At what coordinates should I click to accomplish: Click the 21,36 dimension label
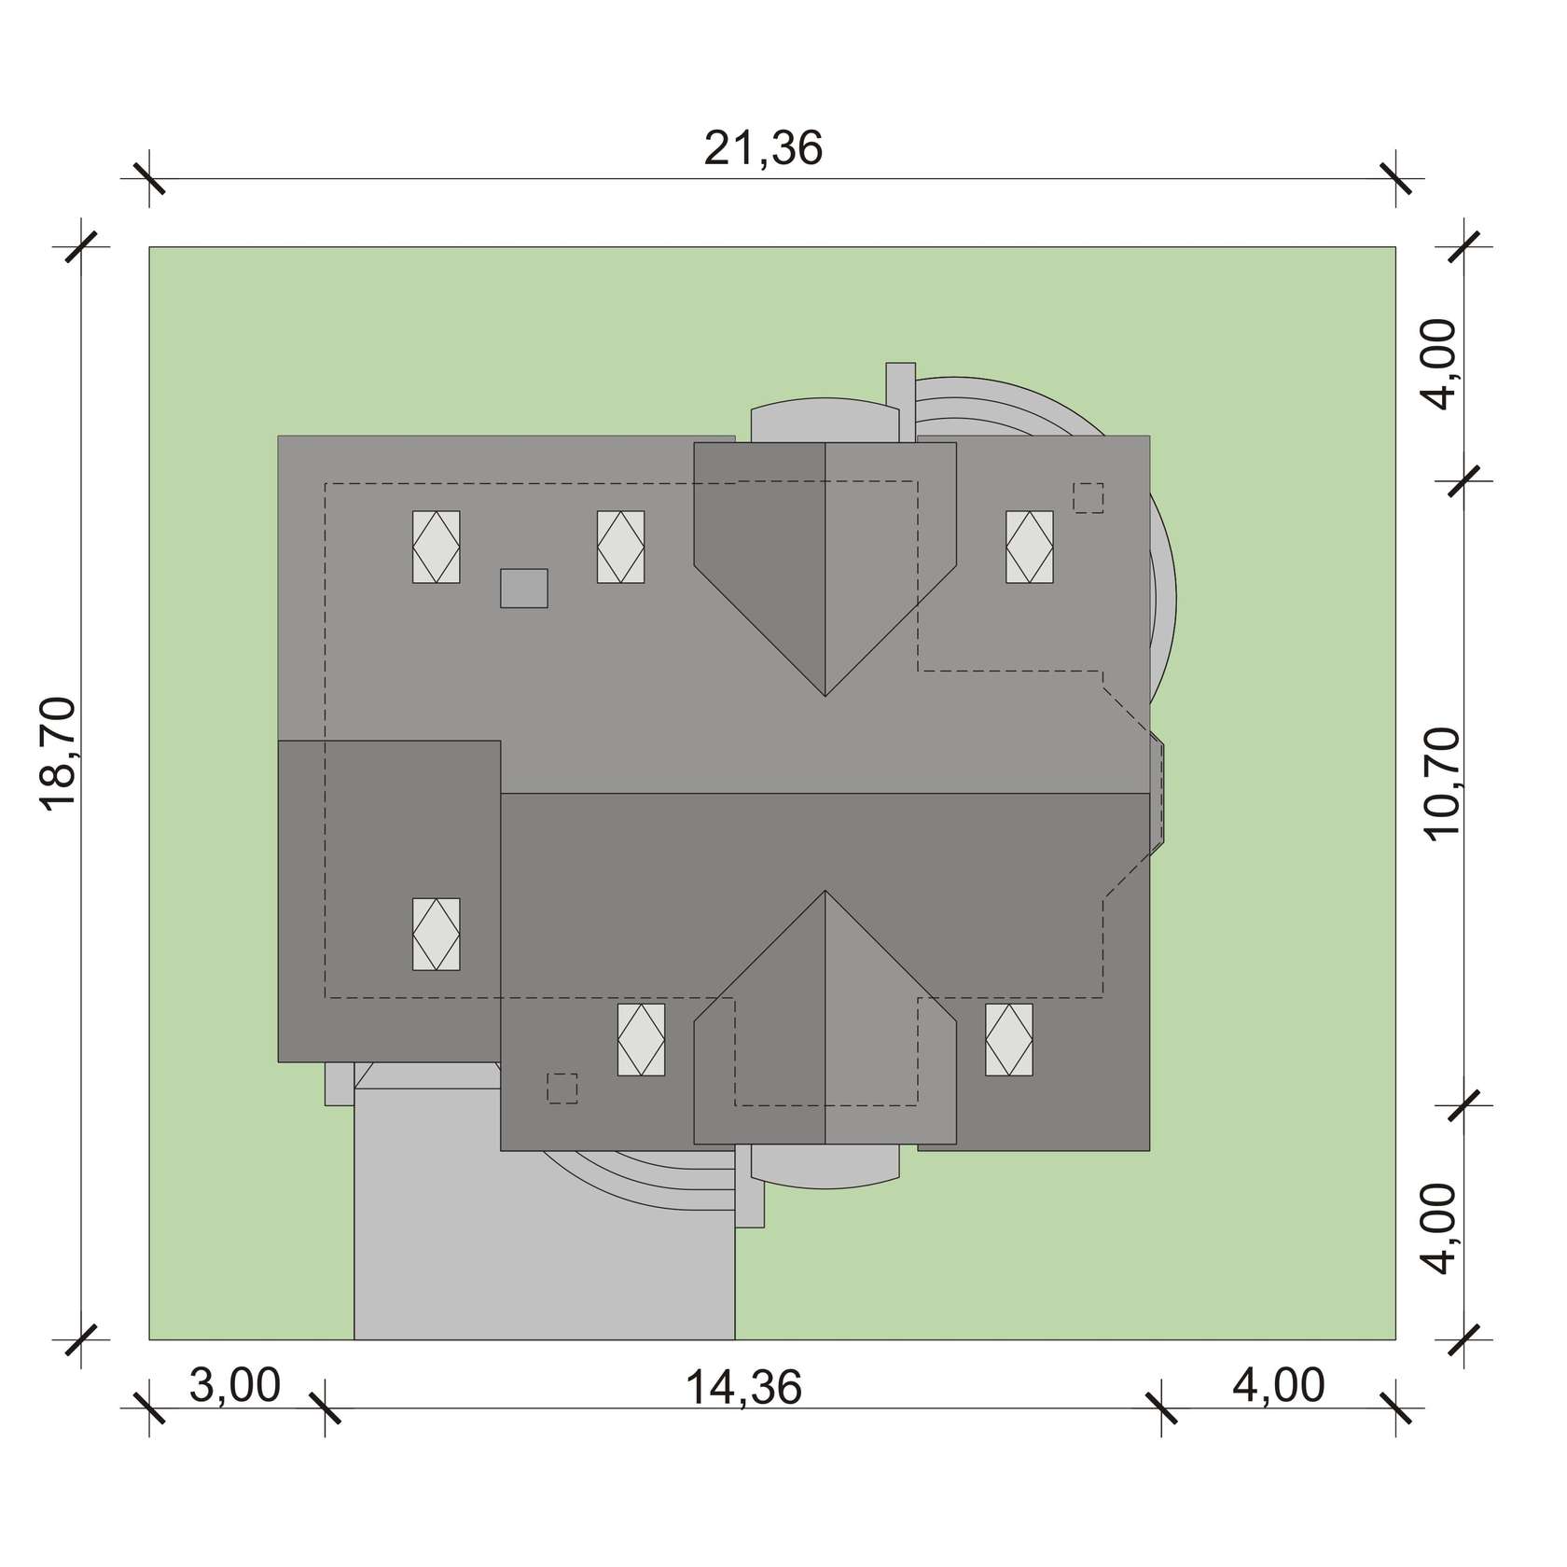point(763,149)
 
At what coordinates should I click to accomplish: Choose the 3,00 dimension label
point(235,1386)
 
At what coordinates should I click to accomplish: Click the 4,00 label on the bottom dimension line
point(1279,1386)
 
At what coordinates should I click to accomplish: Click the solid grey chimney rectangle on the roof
point(524,588)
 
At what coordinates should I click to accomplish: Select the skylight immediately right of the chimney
point(620,547)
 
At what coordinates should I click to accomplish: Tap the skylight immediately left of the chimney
point(437,547)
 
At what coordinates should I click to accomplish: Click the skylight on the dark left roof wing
point(437,934)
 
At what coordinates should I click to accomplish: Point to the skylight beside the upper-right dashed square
point(1030,547)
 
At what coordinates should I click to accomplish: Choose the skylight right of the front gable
point(1009,1040)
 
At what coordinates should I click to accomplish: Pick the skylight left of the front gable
point(642,1040)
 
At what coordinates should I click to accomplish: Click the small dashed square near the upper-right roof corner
point(1089,497)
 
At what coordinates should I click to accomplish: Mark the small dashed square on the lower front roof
point(562,1089)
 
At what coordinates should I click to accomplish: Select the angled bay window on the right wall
point(1157,793)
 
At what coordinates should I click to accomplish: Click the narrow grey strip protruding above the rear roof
point(901,401)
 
